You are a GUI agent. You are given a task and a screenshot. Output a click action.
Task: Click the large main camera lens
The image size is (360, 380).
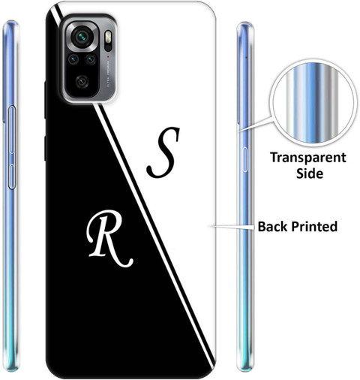tap(82, 37)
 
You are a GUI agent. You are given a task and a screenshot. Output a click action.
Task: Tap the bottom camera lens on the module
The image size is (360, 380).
tap(82, 82)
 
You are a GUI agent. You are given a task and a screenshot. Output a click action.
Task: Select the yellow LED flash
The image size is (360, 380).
tap(108, 37)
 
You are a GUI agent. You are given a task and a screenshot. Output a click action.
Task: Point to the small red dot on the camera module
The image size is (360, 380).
tap(108, 56)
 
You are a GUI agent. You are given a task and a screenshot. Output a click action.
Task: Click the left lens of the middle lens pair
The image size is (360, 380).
tap(73, 59)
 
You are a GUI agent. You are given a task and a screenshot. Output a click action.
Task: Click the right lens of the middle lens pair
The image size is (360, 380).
tap(91, 59)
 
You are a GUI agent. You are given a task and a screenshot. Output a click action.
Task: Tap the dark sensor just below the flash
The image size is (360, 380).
tap(108, 48)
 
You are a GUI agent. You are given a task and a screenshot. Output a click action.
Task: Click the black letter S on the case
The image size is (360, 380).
tap(163, 152)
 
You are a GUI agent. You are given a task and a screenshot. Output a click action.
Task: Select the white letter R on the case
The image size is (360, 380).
tap(109, 239)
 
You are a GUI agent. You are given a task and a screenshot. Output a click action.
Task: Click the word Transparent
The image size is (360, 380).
tap(308, 158)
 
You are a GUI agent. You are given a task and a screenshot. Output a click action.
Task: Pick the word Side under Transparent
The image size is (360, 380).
tap(310, 173)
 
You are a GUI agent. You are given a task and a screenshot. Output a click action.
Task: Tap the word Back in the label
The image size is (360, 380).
tap(272, 226)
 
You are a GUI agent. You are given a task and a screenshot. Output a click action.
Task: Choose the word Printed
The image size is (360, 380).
tap(314, 226)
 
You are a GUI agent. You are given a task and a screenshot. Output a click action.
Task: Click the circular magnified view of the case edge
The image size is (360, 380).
tap(313, 103)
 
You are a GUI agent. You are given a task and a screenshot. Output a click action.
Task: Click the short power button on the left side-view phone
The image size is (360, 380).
tap(12, 176)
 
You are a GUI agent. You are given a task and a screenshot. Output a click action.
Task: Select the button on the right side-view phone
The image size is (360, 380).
tap(245, 159)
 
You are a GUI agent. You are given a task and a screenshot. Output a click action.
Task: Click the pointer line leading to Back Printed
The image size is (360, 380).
tap(232, 227)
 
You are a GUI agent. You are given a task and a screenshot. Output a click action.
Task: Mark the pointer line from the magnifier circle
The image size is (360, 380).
tap(254, 124)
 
